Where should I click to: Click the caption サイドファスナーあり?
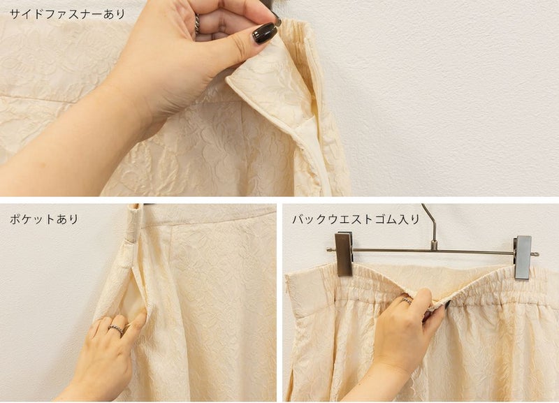(x=67, y=14)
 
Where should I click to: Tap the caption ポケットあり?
(x=44, y=219)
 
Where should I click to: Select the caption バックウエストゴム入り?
(x=356, y=219)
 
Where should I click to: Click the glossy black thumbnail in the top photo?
(x=265, y=33)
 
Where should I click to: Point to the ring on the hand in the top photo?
(x=197, y=24)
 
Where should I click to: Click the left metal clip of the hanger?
(x=344, y=254)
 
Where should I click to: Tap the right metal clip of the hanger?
(x=523, y=257)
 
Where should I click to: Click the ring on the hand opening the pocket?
(x=116, y=329)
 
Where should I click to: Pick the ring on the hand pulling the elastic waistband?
(x=406, y=301)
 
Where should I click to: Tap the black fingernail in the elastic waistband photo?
(x=447, y=305)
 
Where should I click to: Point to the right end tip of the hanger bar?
(x=537, y=254)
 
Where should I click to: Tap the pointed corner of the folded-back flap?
(x=227, y=82)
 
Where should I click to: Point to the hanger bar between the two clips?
(x=433, y=251)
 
